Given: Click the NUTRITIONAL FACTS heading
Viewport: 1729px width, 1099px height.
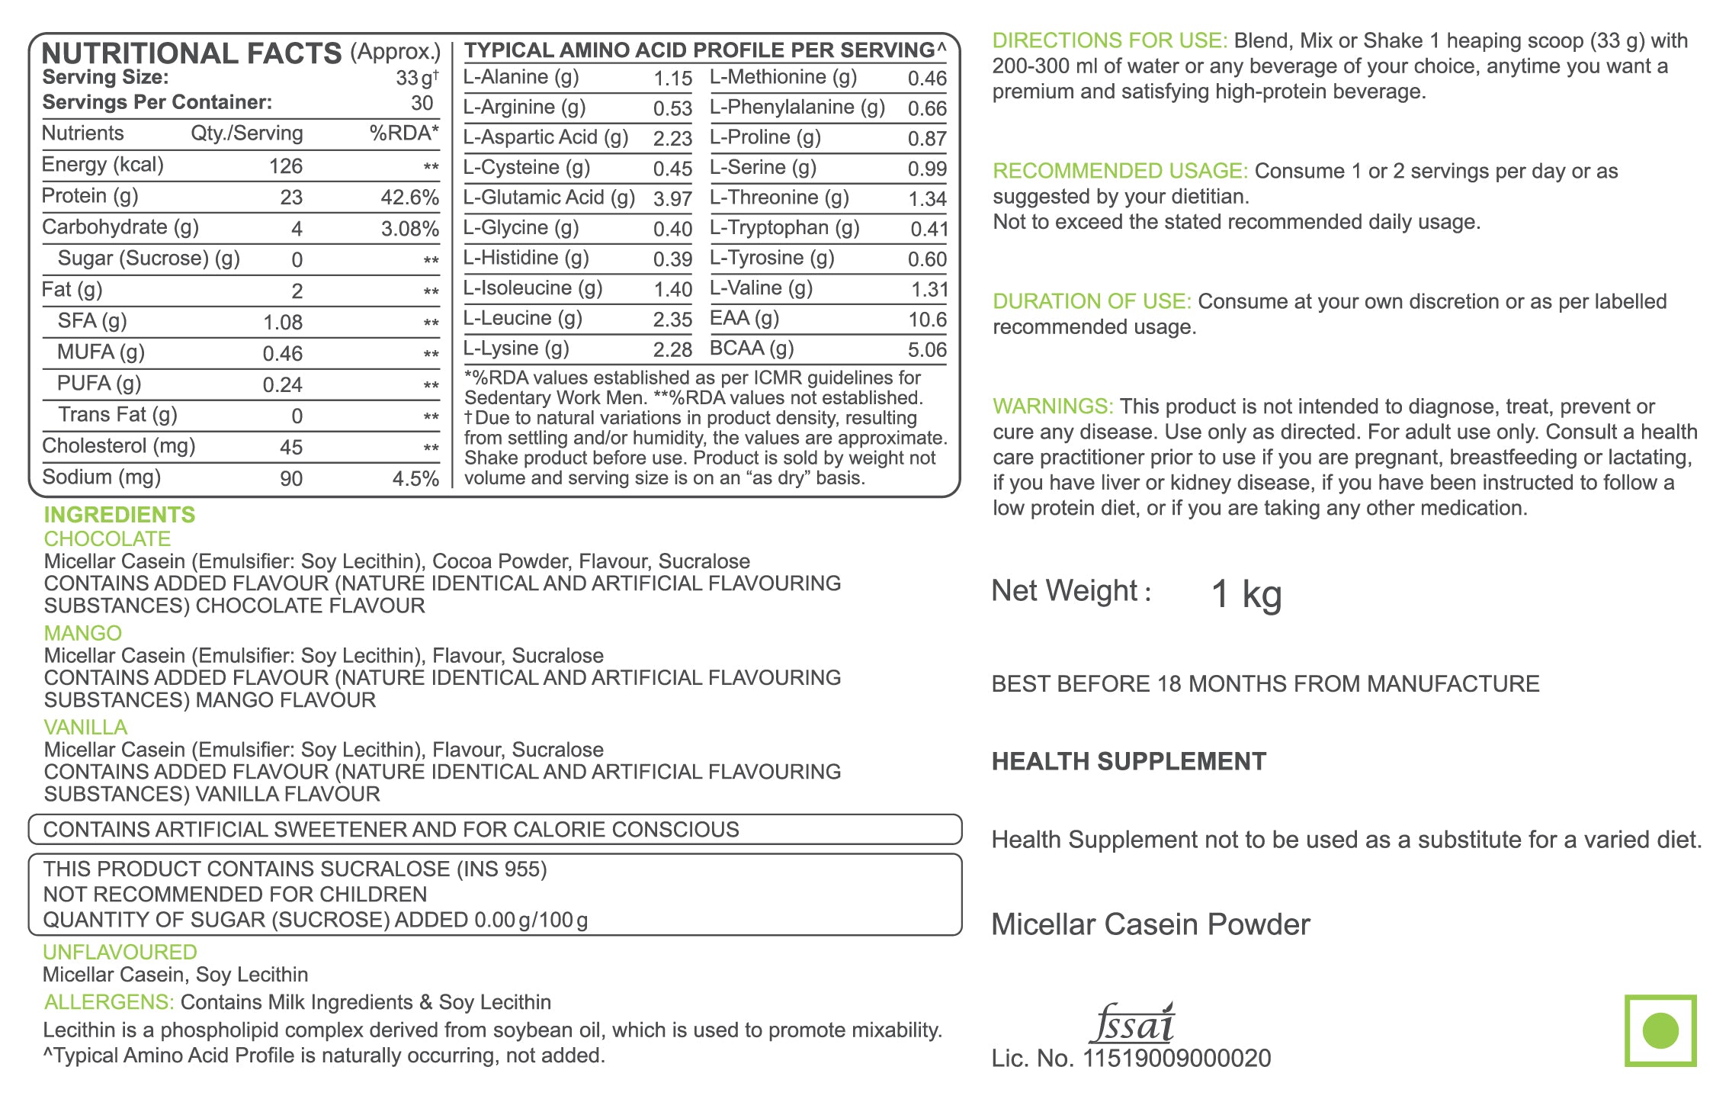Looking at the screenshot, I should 191,53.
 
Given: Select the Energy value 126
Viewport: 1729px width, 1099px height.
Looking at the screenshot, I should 286,166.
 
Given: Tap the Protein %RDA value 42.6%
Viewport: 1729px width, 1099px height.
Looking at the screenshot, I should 409,198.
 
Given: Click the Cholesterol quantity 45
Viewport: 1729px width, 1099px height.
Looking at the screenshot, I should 291,448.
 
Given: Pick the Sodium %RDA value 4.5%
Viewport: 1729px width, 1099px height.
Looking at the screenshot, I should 415,479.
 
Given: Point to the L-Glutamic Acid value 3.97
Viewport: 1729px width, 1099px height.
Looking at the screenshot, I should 672,199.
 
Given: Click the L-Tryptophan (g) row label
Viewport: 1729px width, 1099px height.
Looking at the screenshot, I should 784,228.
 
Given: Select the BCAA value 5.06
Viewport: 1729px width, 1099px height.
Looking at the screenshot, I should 927,350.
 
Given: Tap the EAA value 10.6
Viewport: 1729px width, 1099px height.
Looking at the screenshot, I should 927,320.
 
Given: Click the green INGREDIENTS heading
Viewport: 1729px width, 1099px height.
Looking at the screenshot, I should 120,515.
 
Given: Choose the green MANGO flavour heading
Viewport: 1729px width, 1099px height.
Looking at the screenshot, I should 83,633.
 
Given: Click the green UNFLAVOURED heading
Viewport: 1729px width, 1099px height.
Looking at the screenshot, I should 120,952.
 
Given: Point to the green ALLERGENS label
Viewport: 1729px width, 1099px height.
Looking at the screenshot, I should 109,1002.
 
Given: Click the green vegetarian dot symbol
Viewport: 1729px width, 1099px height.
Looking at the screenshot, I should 1660,1030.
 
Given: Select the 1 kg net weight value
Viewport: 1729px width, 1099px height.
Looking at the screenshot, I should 1246,594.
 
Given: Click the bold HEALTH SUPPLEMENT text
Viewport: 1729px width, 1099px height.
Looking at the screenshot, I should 1128,761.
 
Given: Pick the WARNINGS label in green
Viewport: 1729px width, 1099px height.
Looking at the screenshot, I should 1053,407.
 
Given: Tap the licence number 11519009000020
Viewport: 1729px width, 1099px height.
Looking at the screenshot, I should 1176,1059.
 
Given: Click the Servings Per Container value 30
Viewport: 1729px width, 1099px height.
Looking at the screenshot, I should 422,103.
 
